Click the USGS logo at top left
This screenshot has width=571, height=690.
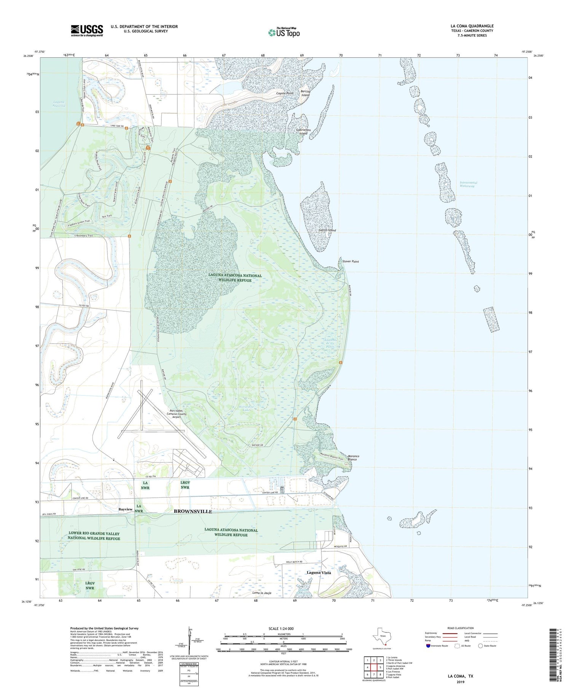[x=87, y=30]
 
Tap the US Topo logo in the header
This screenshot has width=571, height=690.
[x=284, y=33]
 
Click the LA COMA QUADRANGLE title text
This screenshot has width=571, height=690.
[x=472, y=26]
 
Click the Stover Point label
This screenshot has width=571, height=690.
[x=350, y=261]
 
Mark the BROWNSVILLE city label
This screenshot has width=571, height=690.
[x=193, y=512]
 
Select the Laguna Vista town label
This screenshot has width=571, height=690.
[x=319, y=572]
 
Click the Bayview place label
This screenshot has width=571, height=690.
[x=125, y=509]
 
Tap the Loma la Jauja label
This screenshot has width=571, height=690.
[x=262, y=593]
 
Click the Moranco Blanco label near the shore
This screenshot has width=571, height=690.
[x=353, y=457]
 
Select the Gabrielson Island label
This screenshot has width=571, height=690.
[x=303, y=132]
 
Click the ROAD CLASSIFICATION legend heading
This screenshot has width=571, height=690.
[x=461, y=628]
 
